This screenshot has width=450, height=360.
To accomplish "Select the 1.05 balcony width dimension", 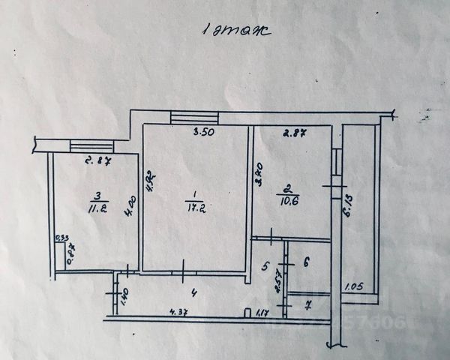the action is point(354,286).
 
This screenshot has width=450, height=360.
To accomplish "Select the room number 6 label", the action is point(306,262).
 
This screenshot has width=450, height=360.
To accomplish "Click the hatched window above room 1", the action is point(194,118).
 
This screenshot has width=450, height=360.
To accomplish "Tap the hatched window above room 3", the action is point(91,145).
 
